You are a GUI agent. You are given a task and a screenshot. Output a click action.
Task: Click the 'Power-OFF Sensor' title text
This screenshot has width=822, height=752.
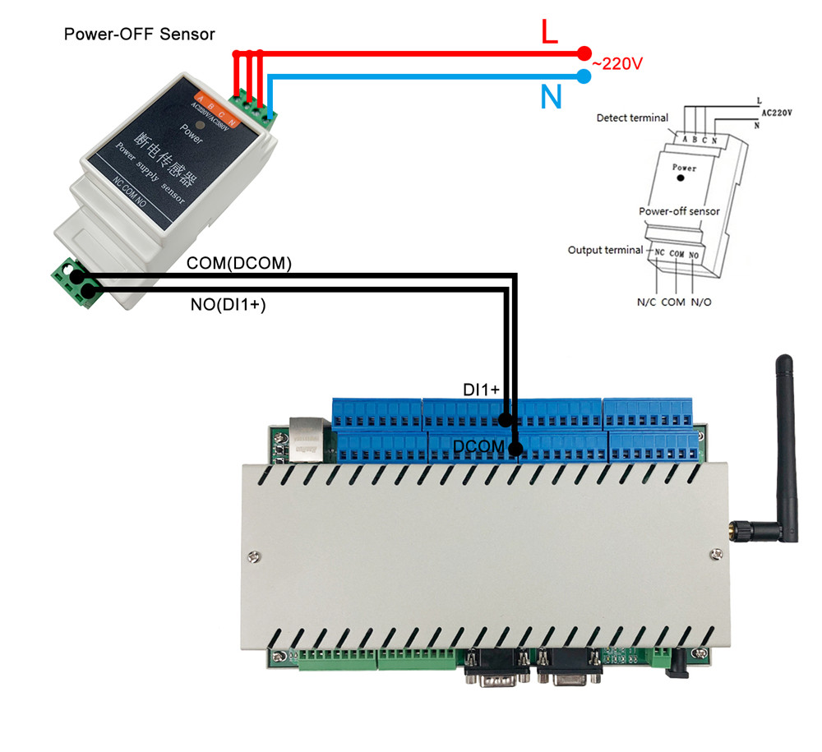tap(139, 35)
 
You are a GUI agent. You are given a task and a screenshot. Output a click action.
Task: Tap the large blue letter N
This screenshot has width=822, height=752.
tap(552, 97)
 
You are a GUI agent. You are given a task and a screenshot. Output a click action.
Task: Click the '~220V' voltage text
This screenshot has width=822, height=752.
tap(616, 63)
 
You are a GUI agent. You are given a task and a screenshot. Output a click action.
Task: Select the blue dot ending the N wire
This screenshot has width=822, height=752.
tap(584, 77)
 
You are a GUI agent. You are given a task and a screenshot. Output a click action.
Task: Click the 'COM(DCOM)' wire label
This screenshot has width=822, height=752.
tap(239, 264)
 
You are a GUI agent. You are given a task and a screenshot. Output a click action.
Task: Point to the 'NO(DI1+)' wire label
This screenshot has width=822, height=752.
tap(228, 306)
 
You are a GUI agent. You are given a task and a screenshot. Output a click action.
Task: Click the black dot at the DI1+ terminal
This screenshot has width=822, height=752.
tap(507, 419)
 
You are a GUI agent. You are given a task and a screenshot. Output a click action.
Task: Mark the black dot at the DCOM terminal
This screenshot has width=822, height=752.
tap(515, 449)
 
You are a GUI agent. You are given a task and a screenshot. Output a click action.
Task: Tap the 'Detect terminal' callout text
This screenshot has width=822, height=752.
tap(631, 118)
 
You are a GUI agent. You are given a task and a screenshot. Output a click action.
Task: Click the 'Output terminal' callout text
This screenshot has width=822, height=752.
tap(604, 249)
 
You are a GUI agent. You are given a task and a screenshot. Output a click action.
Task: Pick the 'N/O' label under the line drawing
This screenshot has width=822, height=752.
tap(701, 302)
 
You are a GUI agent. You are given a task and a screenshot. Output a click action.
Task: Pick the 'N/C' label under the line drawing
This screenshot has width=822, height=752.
tap(648, 302)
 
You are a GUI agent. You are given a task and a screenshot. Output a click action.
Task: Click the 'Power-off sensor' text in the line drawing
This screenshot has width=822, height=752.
tap(679, 211)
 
